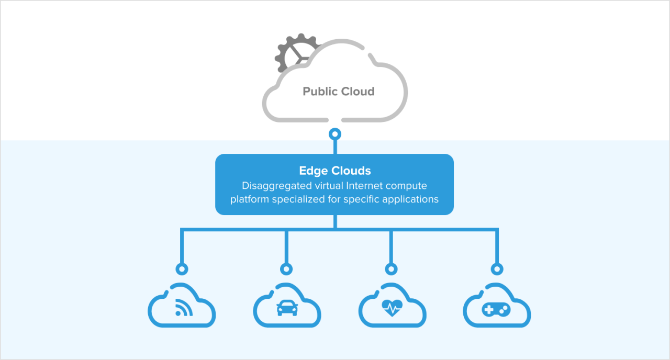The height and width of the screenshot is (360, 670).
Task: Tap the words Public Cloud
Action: tap(339, 92)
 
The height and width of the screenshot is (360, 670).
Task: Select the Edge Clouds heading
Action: tap(335, 171)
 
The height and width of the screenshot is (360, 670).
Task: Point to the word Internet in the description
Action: tap(366, 186)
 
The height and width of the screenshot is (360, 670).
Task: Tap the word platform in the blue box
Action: tap(249, 199)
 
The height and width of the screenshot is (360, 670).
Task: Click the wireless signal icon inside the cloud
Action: tap(183, 308)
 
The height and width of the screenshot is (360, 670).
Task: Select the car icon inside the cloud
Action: tap(287, 309)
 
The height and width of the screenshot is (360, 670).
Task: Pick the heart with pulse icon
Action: tap(392, 308)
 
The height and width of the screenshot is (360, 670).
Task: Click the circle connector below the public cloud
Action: tap(335, 134)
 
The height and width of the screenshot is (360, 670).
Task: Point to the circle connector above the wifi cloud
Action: tap(182, 269)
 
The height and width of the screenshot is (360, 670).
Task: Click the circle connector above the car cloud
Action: tap(286, 269)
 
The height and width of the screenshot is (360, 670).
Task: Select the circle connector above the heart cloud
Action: tap(392, 269)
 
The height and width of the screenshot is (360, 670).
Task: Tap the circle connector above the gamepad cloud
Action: tap(497, 269)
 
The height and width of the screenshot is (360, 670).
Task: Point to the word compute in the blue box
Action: tap(408, 186)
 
